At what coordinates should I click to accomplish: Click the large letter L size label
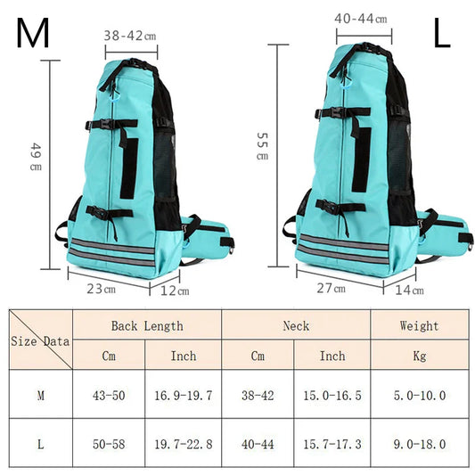(443, 33)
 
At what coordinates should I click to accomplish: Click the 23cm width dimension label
(101, 289)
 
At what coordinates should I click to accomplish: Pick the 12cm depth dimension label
(175, 290)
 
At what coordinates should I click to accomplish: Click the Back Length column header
(147, 326)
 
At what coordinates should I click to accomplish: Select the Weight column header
(418, 326)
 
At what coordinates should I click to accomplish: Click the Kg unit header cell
(418, 356)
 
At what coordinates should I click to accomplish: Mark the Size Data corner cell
(40, 340)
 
